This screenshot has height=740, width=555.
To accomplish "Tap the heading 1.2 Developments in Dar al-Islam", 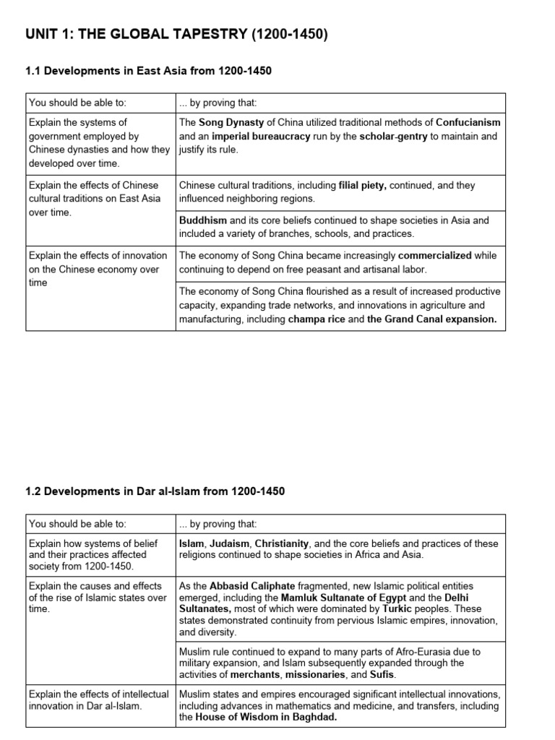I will tap(155, 491).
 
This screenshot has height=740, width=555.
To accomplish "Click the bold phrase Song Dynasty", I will tap(229, 122).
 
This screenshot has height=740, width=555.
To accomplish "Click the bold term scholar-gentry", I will tap(393, 136).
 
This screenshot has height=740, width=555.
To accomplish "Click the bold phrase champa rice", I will tap(317, 319).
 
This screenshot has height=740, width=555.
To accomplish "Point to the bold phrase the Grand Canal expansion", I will tap(431, 319).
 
